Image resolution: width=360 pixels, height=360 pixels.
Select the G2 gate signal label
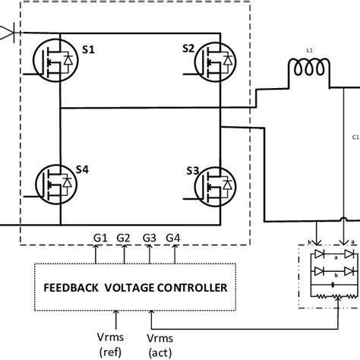click(x=123, y=236)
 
